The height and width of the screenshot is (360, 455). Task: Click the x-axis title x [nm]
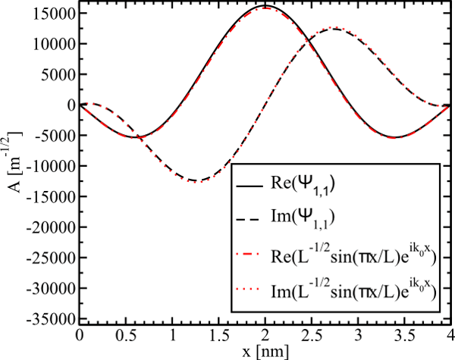pyautogui.click(x=265, y=351)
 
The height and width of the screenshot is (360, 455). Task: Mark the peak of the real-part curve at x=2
pyautogui.click(x=265, y=6)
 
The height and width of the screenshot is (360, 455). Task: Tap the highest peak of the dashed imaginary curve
pyautogui.click(x=334, y=28)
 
